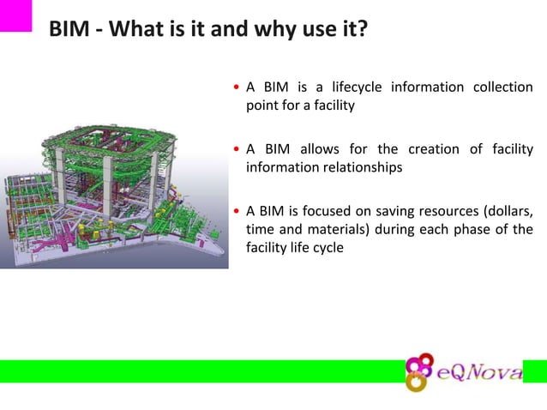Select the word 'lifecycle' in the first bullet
point(349,87)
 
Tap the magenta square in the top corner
point(15,15)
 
